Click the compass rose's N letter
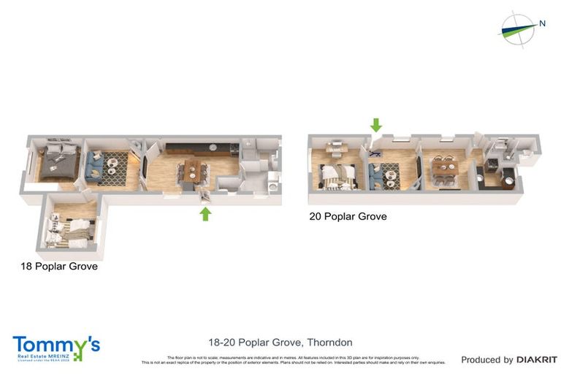click(542, 23)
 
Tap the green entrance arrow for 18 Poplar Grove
click(206, 213)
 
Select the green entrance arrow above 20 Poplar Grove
click(375, 125)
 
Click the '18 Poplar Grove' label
click(59, 267)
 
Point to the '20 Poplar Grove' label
click(348, 216)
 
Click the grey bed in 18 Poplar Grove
click(57, 162)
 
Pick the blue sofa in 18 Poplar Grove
click(93, 164)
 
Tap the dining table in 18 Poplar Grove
click(194, 171)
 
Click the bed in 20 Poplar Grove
click(337, 175)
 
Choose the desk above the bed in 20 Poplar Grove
click(335, 150)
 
